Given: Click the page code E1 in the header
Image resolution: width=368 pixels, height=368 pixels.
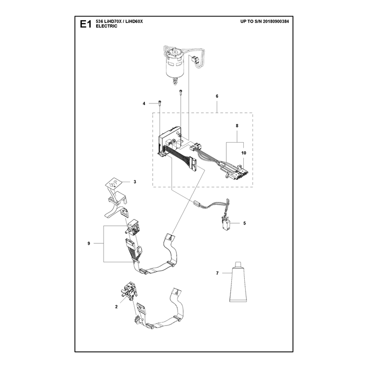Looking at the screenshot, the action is click(x=86, y=24).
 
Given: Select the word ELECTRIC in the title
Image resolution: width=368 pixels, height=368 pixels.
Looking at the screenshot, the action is click(x=107, y=26).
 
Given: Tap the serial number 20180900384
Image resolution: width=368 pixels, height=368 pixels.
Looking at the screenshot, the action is click(x=276, y=21).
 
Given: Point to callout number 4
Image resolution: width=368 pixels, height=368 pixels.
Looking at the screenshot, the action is click(x=144, y=103).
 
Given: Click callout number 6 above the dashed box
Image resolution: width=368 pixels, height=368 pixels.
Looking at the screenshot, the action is click(x=217, y=96).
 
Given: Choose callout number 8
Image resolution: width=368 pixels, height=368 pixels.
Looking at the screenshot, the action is click(x=237, y=126).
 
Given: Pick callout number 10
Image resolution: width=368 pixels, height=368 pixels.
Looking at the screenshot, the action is click(x=244, y=153).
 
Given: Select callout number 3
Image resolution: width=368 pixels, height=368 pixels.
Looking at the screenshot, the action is click(x=135, y=182).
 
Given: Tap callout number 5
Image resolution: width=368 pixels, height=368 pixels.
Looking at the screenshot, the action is click(x=245, y=223).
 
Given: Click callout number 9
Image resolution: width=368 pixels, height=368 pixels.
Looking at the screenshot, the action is click(x=89, y=243).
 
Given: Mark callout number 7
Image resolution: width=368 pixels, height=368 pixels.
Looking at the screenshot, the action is click(x=217, y=273).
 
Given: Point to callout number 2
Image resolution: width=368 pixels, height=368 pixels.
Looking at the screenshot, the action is click(x=116, y=307).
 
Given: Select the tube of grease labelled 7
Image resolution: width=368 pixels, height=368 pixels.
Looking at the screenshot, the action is click(x=238, y=282).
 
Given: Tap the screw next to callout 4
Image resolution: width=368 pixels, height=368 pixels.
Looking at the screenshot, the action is click(x=160, y=103).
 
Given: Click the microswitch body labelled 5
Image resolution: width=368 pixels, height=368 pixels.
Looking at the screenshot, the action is click(x=226, y=224).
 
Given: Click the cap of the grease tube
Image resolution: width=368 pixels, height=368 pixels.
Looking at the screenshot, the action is click(x=238, y=264).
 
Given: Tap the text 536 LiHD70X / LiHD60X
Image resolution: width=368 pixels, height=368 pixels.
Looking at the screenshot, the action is click(x=119, y=22).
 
